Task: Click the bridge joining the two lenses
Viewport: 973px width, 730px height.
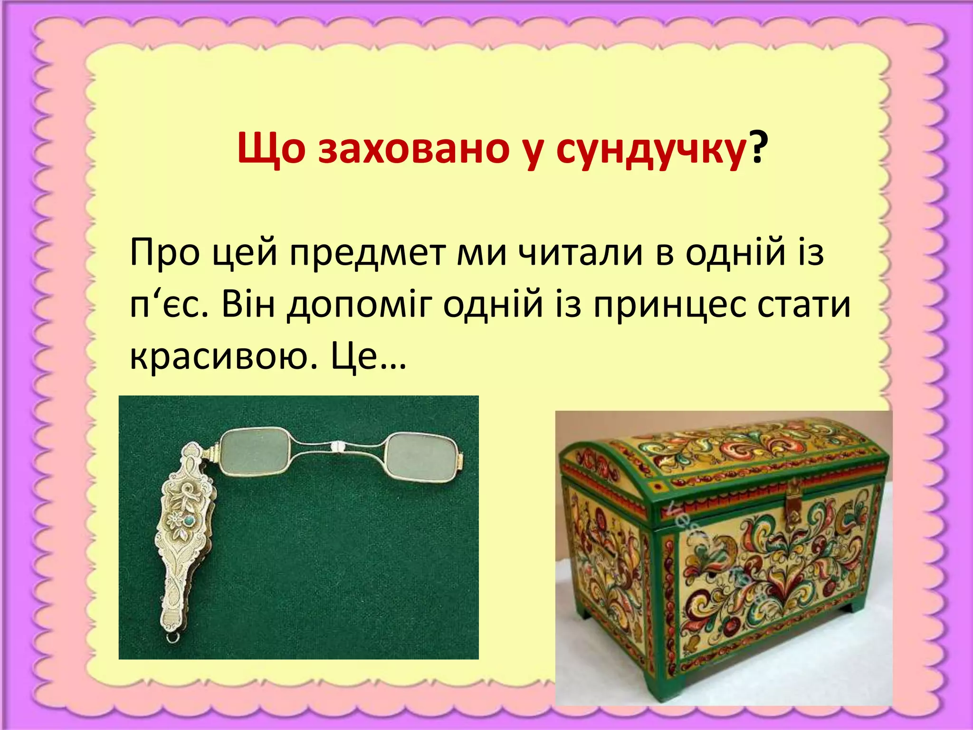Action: [x=338, y=446]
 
